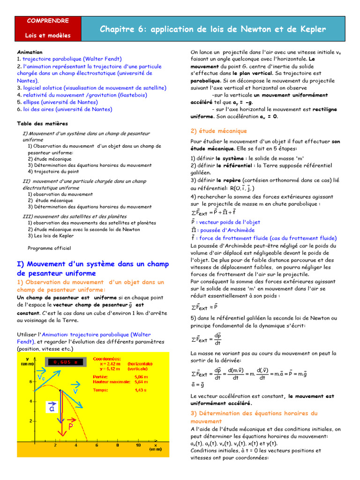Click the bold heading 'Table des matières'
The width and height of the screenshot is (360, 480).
[42, 124]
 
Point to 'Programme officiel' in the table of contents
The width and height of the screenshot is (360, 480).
[49, 248]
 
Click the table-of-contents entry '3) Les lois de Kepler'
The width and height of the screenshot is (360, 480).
[51, 236]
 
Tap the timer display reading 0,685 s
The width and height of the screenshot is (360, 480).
[65, 361]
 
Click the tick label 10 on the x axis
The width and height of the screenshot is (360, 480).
[138, 445]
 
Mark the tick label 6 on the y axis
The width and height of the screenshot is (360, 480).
[30, 381]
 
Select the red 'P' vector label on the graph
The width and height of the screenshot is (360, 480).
[71, 427]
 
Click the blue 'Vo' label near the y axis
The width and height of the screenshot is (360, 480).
[41, 377]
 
